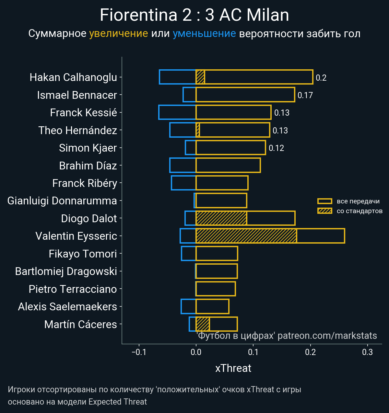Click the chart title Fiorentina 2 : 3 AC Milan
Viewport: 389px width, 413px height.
pyautogui.click(x=194, y=15)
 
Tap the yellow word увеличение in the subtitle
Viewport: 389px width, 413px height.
pyautogui.click(x=118, y=33)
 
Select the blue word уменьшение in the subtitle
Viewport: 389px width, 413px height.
pyautogui.click(x=204, y=33)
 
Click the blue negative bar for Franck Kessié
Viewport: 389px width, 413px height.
pyautogui.click(x=177, y=112)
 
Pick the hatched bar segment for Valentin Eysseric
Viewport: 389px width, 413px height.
pyautogui.click(x=246, y=236)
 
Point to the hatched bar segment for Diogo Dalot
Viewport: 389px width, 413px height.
pyautogui.click(x=221, y=218)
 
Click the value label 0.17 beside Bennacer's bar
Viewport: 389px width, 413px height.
pyautogui.click(x=305, y=95)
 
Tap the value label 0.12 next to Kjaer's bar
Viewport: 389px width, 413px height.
pyautogui.click(x=276, y=148)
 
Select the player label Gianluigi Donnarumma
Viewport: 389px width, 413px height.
pyautogui.click(x=62, y=201)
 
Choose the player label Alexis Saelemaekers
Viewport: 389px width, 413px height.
pyautogui.click(x=67, y=306)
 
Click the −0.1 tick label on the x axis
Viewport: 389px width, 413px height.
pyautogui.click(x=139, y=352)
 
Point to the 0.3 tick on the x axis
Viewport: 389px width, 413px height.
pyautogui.click(x=367, y=352)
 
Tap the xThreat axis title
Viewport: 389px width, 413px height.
pyautogui.click(x=233, y=368)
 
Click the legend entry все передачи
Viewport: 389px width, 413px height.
pyautogui.click(x=358, y=201)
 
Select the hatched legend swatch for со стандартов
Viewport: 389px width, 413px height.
pyautogui.click(x=324, y=211)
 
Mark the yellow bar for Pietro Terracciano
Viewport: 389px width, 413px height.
pyautogui.click(x=216, y=289)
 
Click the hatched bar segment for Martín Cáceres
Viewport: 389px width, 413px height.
pyautogui.click(x=203, y=324)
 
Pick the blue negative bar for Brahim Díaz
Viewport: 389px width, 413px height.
pyautogui.click(x=183, y=166)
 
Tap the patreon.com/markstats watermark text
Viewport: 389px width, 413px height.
pyautogui.click(x=327, y=336)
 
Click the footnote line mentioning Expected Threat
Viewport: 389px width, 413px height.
pyautogui.click(x=77, y=402)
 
